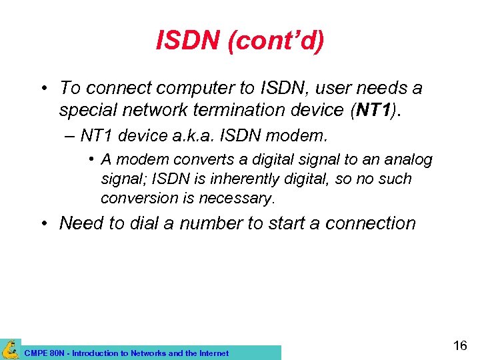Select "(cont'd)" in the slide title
[275, 41]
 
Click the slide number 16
[459, 345]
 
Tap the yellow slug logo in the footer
[11, 349]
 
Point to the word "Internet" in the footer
[212, 353]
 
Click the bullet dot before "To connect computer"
[43, 89]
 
